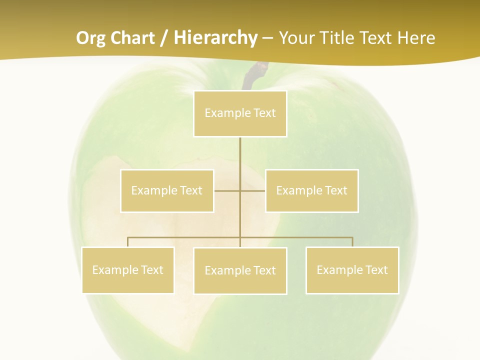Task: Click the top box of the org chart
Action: pyautogui.click(x=240, y=113)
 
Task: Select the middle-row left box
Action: pyautogui.click(x=167, y=190)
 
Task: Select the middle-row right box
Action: pyautogui.click(x=311, y=190)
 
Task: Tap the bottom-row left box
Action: pyautogui.click(x=127, y=270)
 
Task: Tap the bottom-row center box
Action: pyautogui.click(x=240, y=270)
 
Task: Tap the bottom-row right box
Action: pyautogui.click(x=352, y=270)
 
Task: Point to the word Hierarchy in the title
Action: pyautogui.click(x=215, y=38)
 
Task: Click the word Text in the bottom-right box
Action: pyautogui.click(x=376, y=270)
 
